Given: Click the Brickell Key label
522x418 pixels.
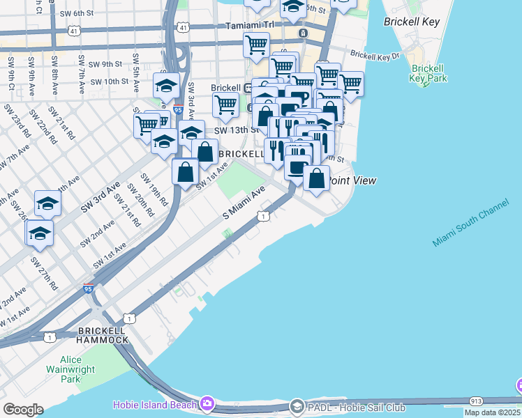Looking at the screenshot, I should pyautogui.click(x=412, y=22).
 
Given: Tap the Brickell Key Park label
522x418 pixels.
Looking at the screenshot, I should pyautogui.click(x=428, y=73).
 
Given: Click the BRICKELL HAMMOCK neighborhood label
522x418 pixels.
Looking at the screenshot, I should pyautogui.click(x=103, y=334).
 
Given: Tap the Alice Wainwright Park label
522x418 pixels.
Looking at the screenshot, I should pyautogui.click(x=70, y=370).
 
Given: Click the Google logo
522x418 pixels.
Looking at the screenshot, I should pyautogui.click(x=22, y=409).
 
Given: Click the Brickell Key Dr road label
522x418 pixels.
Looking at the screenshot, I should pyautogui.click(x=375, y=54).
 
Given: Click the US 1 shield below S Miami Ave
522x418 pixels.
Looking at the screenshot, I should pyautogui.click(x=262, y=217).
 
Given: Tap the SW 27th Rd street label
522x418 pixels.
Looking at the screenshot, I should pyautogui.click(x=44, y=272).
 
